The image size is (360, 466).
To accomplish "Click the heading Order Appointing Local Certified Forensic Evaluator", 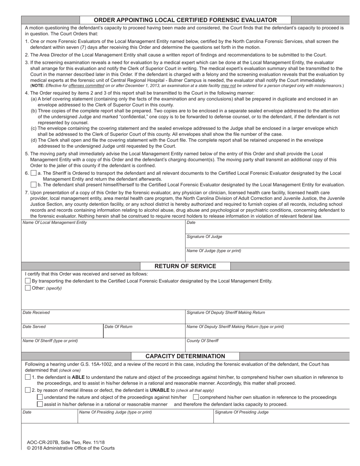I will (x=185, y=20).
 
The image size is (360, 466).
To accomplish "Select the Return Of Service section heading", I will (x=185, y=266).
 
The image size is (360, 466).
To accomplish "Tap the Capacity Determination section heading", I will (x=185, y=356).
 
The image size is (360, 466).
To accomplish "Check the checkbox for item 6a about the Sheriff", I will (x=33, y=173).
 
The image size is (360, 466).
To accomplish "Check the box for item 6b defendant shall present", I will (x=33, y=185).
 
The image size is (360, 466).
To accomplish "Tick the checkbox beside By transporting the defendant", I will (x=28, y=281).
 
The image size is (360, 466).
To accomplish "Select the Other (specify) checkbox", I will (x=28, y=288).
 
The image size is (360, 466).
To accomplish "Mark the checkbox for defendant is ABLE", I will (x=28, y=377).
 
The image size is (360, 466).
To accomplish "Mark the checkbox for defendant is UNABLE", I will (x=28, y=390).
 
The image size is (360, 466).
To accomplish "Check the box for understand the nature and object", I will (x=40, y=397).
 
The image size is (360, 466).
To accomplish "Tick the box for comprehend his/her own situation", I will (x=196, y=397).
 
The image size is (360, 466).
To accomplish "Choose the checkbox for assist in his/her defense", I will (x=40, y=404).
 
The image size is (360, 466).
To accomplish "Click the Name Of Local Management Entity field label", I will (x=55, y=223).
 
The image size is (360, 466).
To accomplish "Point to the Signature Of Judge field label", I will (x=204, y=237).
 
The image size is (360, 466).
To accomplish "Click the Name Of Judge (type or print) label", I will (x=214, y=251).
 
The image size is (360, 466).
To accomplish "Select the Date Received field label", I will (x=36, y=313).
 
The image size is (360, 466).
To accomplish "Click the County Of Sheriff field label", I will (x=202, y=341).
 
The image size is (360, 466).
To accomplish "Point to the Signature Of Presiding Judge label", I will (x=241, y=412).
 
